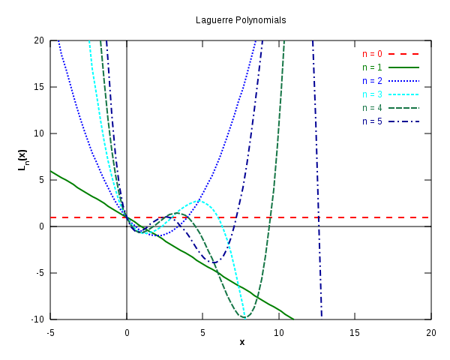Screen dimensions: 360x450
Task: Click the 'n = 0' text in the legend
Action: [372, 54]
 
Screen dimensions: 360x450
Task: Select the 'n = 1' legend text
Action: [372, 67]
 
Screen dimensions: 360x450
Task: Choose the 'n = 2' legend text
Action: [372, 81]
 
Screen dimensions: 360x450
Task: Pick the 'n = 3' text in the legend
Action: [372, 94]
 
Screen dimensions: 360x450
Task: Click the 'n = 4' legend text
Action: [372, 108]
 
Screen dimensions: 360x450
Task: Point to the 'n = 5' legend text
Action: [372, 121]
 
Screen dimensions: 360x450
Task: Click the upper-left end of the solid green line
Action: [51, 171]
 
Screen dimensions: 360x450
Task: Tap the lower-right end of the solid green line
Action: [294, 319]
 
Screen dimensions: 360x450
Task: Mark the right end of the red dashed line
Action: [428, 217]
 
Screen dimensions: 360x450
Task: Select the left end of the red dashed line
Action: [51, 217]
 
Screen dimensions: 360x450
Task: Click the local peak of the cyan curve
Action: [199, 200]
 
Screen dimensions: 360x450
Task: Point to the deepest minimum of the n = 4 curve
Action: [244, 318]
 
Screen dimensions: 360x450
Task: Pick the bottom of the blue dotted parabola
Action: [145, 233]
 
